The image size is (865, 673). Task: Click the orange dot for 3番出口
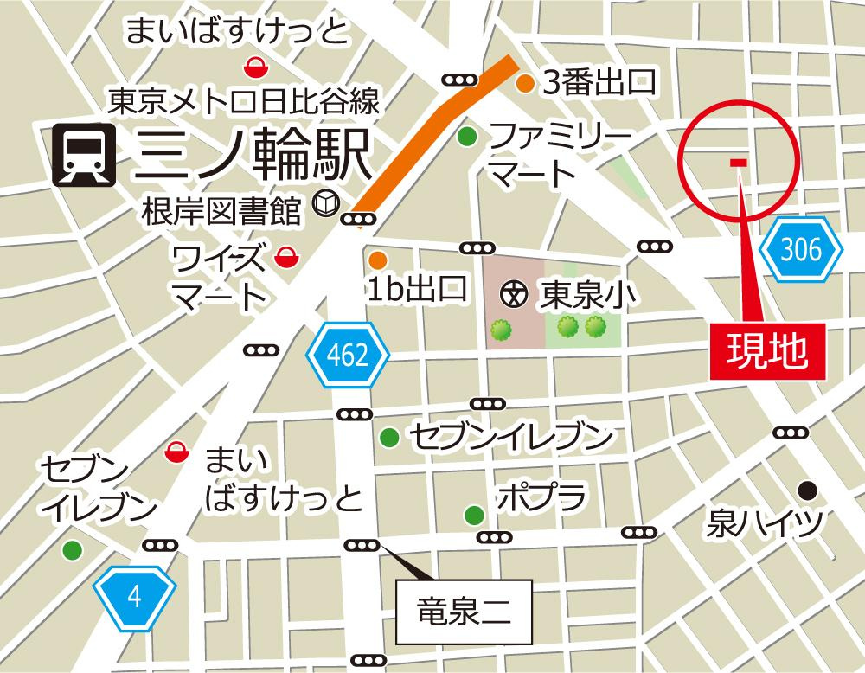[x=524, y=84]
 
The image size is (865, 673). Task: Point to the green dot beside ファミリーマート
[x=467, y=136]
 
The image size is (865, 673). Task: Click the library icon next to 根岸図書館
[x=324, y=204]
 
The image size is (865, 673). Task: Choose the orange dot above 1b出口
[x=377, y=260]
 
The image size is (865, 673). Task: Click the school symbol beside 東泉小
[x=515, y=295]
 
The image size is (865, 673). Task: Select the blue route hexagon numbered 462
[x=349, y=353]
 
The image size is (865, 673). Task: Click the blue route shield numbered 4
[x=135, y=596]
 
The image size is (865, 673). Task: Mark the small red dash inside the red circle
[x=738, y=162]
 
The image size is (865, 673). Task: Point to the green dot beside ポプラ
[x=474, y=516]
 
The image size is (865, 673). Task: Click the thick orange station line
[x=432, y=129]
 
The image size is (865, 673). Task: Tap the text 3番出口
[x=598, y=83]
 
